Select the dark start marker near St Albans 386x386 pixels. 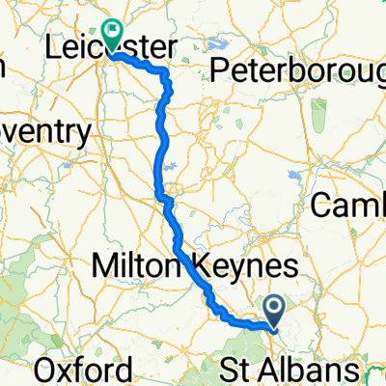click(x=275, y=311)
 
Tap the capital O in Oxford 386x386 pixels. click(x=43, y=369)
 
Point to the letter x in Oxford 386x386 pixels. click(x=65, y=371)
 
